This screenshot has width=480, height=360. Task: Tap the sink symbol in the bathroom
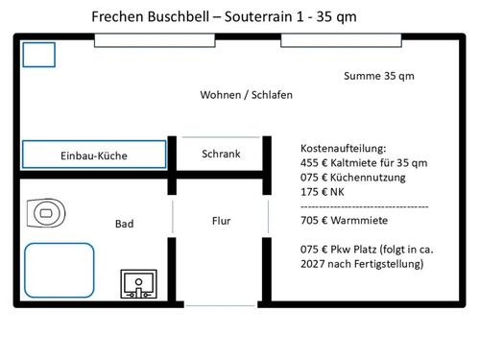[x=138, y=283]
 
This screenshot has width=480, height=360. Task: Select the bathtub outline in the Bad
[x=60, y=271]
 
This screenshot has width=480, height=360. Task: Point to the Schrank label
[x=221, y=154]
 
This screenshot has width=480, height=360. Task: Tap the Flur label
[x=221, y=221]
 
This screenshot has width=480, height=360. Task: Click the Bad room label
[x=124, y=224]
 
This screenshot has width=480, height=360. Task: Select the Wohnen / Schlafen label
[x=246, y=96]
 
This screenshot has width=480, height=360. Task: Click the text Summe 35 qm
[x=379, y=76]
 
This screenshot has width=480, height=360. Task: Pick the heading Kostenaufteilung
[x=343, y=149]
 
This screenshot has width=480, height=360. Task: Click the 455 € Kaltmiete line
[x=364, y=163]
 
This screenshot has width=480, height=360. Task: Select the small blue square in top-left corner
[x=39, y=55]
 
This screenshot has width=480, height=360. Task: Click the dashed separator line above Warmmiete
[x=365, y=206]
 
